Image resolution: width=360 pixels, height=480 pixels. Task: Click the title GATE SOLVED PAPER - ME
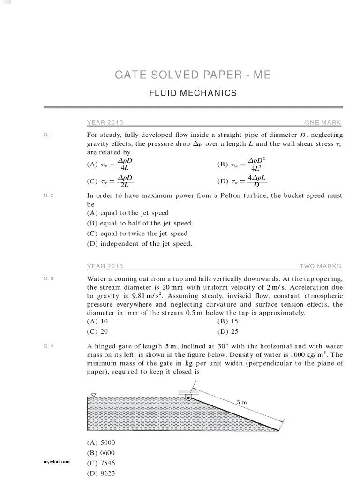point(193,75)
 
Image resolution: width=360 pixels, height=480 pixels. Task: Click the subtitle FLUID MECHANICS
point(193,93)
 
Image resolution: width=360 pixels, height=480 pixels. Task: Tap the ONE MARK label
point(323,123)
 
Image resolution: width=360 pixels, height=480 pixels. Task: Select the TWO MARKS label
point(321,266)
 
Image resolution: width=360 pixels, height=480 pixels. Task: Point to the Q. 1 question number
point(49,135)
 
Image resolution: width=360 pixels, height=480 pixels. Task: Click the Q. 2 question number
point(49,195)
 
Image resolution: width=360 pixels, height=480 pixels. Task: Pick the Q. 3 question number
point(49,278)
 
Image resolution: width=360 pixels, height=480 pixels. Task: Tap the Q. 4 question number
point(49,346)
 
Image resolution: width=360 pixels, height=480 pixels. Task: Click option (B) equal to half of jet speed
point(140,224)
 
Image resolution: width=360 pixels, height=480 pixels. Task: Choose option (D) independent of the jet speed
point(140,244)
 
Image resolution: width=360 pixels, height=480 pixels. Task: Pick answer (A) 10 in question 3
point(97,321)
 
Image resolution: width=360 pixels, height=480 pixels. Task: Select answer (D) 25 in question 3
point(228,331)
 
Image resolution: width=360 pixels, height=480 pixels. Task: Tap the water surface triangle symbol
point(94,395)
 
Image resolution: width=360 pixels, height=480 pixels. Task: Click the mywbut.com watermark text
point(57,461)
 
